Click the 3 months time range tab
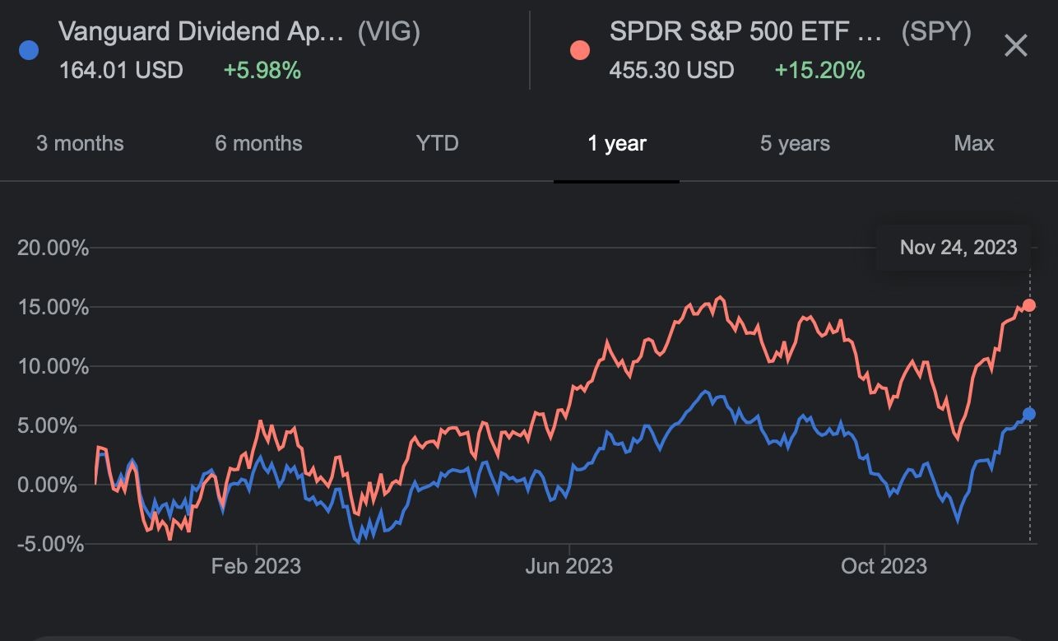[x=80, y=143]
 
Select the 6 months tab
[x=258, y=143]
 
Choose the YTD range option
[x=437, y=143]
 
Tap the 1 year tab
[x=617, y=143]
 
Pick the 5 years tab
[x=795, y=143]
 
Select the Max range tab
[x=974, y=143]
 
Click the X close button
[x=1016, y=46]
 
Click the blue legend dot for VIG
[x=28, y=50]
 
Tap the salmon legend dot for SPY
[x=579, y=50]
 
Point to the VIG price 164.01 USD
[x=121, y=70]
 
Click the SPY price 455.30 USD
[x=671, y=70]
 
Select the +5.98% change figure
[x=262, y=70]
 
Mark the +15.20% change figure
[x=819, y=70]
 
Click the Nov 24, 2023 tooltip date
[x=958, y=247]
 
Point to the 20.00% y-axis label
[x=53, y=248]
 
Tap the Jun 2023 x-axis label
[x=569, y=566]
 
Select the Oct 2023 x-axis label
[x=884, y=566]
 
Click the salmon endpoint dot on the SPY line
[x=1028, y=305]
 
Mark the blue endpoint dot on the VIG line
[x=1028, y=414]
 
